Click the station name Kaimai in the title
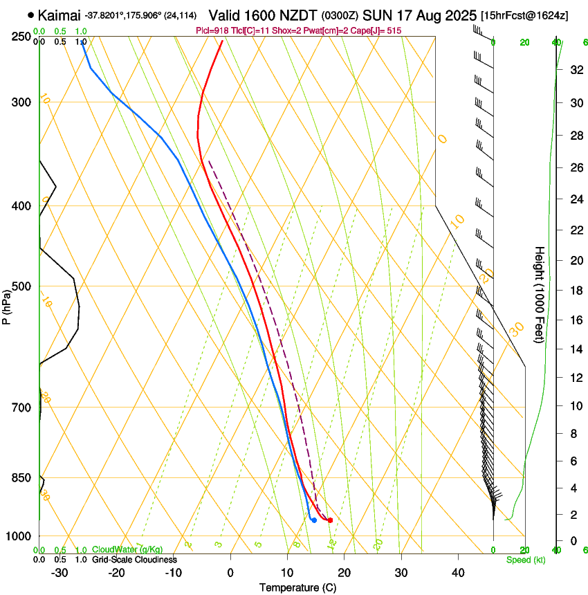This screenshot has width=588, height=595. pos(59,15)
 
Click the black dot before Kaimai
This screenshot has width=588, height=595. pos(31,15)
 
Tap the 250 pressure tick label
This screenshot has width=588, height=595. pos(21,37)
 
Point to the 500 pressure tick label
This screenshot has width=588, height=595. pos(21,286)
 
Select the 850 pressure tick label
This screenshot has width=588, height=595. pos(21,477)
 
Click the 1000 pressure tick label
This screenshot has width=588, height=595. pos(19,536)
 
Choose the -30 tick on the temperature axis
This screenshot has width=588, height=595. pos(59,573)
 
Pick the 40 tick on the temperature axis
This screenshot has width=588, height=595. pos(458,573)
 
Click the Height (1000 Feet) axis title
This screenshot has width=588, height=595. pos(540,295)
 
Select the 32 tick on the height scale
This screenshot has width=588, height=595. pos(574,70)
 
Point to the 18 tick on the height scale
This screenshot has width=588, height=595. pos(574,291)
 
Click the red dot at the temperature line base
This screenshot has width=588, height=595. pos(330,520)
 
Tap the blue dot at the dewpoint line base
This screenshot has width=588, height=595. pos(314,520)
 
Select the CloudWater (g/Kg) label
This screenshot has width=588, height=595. pos(127,550)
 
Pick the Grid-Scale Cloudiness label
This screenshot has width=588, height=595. pos(134,560)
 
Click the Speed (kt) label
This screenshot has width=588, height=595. pos(525,560)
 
